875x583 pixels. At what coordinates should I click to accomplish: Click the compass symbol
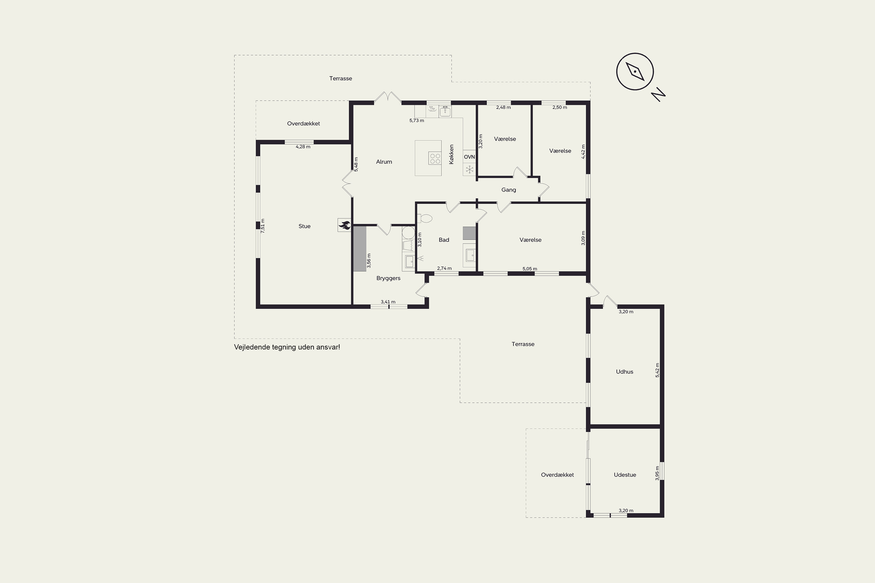pyautogui.click(x=635, y=71)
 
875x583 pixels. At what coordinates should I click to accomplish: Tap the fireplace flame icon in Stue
pyautogui.click(x=344, y=225)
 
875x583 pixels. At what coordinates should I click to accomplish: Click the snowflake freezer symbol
pyautogui.click(x=470, y=170)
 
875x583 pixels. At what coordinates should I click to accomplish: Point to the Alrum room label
pyautogui.click(x=384, y=162)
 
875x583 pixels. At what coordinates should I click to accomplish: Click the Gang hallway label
pyautogui.click(x=509, y=190)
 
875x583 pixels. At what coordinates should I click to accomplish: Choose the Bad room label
pyautogui.click(x=444, y=240)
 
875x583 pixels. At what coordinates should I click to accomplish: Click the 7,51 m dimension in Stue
pyautogui.click(x=263, y=226)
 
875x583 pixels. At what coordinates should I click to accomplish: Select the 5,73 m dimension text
pyautogui.click(x=417, y=120)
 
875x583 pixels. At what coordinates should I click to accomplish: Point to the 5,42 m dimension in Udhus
pyautogui.click(x=657, y=370)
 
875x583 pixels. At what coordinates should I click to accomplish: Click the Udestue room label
pyautogui.click(x=625, y=475)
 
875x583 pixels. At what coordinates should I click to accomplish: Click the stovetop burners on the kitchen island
pyautogui.click(x=435, y=158)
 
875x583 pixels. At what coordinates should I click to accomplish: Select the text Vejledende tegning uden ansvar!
pyautogui.click(x=287, y=347)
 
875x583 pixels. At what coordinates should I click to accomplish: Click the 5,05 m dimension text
pyautogui.click(x=530, y=268)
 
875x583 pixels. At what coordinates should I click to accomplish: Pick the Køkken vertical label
pyautogui.click(x=451, y=154)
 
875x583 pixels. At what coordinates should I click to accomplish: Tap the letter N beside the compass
pyautogui.click(x=658, y=94)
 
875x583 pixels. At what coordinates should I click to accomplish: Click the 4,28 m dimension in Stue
pyautogui.click(x=303, y=147)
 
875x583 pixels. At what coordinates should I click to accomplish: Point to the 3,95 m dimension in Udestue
pyautogui.click(x=657, y=473)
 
